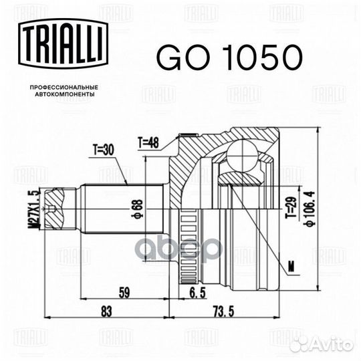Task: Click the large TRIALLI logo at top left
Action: point(64,43)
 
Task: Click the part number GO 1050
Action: point(229,57)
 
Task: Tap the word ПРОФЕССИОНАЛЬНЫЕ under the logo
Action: point(64,88)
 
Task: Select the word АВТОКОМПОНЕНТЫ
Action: point(65,94)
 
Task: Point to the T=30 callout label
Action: point(104,150)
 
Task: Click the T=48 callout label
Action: point(148,143)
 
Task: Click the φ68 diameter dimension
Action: point(139,209)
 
